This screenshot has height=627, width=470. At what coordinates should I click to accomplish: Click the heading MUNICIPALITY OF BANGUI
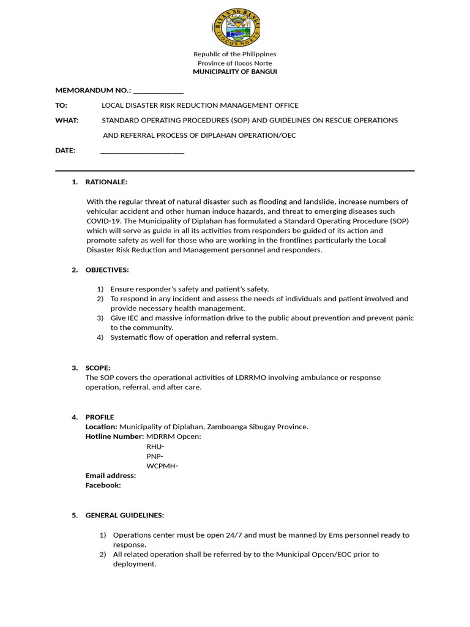point(235,72)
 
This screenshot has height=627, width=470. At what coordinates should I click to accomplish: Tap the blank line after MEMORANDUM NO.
point(158,91)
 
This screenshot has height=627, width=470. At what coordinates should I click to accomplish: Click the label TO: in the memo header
point(61,105)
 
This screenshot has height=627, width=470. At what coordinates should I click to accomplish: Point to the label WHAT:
point(67,120)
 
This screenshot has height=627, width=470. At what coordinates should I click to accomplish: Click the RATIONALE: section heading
point(106,182)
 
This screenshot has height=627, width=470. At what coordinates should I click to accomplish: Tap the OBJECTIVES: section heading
point(107,269)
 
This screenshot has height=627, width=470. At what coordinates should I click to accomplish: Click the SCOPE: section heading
point(98,368)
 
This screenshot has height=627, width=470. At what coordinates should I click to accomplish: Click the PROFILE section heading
point(100,417)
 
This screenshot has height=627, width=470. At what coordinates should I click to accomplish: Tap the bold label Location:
point(101,427)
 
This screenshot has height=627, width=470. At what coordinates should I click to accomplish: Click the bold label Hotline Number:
point(114,437)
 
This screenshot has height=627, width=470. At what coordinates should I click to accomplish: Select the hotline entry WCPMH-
point(162,466)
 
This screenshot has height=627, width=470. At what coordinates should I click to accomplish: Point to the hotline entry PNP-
point(155,456)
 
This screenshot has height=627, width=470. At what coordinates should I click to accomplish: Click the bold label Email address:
point(111,476)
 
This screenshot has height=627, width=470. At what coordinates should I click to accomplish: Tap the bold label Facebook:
point(103,486)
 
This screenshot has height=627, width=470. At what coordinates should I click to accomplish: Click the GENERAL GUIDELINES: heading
point(125,516)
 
